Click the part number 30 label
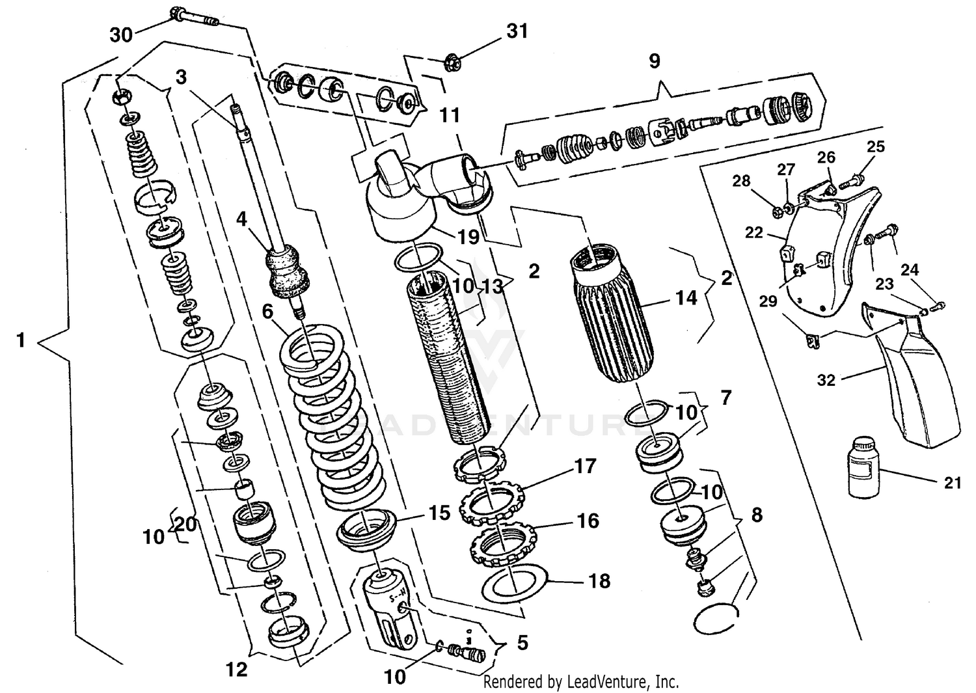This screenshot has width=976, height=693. (x=121, y=34)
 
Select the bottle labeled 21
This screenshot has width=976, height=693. (x=865, y=468)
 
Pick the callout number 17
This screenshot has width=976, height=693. (x=585, y=466)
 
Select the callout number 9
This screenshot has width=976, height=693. (x=654, y=61)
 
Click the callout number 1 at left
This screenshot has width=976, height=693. (x=21, y=340)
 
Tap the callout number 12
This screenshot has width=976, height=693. (x=237, y=669)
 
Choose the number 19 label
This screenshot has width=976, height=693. (x=468, y=237)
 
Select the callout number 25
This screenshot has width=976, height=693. (x=876, y=146)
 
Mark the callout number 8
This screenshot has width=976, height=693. (x=756, y=515)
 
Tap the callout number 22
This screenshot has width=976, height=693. (x=753, y=232)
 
